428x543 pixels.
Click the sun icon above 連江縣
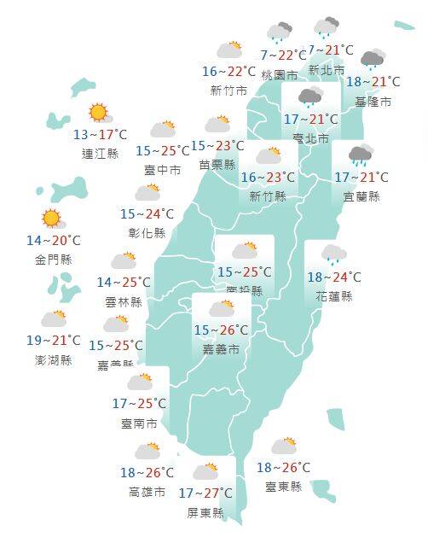(98, 112)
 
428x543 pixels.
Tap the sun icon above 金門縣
(51, 218)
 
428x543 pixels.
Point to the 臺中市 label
(162, 170)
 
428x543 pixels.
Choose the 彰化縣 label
(147, 232)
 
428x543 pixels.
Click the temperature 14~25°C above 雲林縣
(124, 283)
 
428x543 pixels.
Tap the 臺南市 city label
(139, 423)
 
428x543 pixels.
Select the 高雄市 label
(147, 492)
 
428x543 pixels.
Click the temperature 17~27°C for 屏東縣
(205, 493)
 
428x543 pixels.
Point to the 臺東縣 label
(284, 487)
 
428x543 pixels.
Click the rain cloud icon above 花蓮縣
(333, 253)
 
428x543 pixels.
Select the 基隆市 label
(373, 102)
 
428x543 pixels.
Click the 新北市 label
(327, 70)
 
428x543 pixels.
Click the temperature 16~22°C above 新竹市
(228, 72)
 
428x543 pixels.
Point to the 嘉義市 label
(221, 349)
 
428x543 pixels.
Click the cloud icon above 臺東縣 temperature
(283, 446)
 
